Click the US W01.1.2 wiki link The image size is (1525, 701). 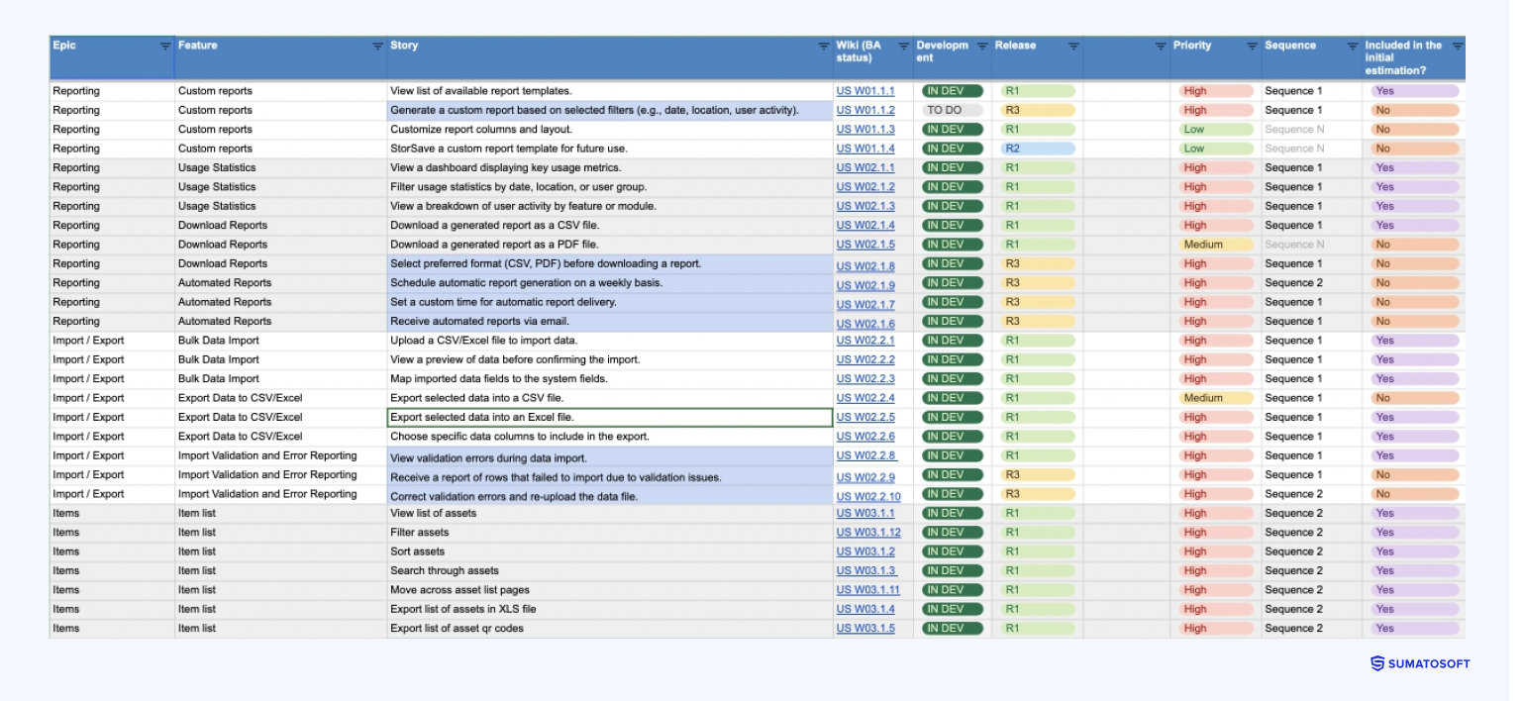864,111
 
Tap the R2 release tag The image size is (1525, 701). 1037,149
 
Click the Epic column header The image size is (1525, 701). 64,46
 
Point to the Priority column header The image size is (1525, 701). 1192,46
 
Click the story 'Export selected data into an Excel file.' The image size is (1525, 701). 482,417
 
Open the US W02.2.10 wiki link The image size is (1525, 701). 868,496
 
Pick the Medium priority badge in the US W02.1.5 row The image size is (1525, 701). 1215,245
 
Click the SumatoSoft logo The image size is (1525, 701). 1420,664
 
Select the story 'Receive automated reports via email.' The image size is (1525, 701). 479,321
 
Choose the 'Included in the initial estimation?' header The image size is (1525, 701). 1403,57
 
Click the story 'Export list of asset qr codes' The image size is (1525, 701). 457,628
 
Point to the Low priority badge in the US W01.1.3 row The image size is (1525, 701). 1215,130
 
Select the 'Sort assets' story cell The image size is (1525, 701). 418,551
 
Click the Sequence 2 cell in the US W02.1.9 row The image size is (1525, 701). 1293,283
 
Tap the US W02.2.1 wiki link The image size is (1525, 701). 864,341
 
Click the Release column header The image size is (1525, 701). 1016,46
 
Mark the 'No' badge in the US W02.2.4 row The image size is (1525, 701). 1414,398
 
